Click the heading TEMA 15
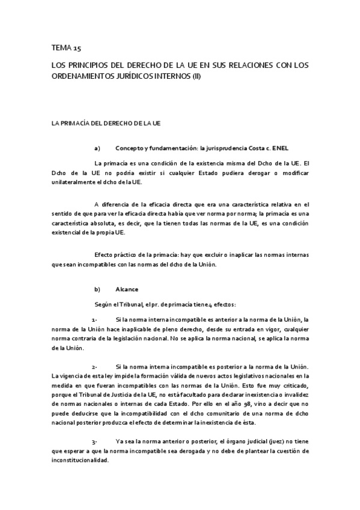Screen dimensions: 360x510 tap(66, 48)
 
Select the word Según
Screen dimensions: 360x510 tap(104, 304)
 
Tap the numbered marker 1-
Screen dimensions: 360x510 tap(95, 318)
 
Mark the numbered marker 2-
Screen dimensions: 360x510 tap(95, 367)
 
